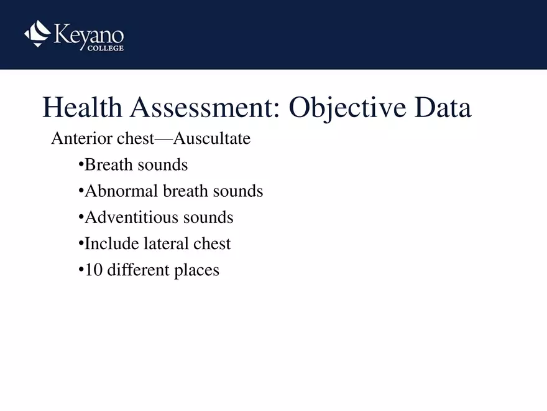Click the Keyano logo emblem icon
click(37, 34)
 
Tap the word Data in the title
click(443, 108)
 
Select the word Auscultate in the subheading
click(211, 138)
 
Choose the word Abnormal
click(121, 191)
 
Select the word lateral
click(167, 243)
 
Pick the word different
click(136, 270)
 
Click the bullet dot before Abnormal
click(81, 191)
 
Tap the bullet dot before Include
click(81, 243)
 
